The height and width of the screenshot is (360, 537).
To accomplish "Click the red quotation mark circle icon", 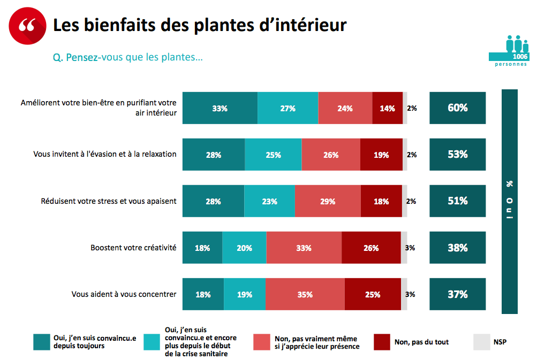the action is tap(27, 26).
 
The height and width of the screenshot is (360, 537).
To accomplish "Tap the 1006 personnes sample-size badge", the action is tap(509, 51).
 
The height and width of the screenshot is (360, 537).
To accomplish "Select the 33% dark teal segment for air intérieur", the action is tap(220, 108).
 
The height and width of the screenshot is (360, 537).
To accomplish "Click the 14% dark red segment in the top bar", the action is tap(387, 108).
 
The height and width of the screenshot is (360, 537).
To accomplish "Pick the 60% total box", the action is tap(458, 108).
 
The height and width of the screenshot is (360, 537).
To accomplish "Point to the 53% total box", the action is tap(458, 155).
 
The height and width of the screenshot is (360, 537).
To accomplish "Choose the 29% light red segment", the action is tap(328, 201).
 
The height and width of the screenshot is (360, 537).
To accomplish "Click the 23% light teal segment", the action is tap(269, 201).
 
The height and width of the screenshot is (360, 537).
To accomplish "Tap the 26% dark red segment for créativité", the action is tap(371, 248).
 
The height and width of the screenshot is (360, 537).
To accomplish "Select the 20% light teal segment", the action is tap(244, 248).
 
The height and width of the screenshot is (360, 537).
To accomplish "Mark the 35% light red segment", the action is tap(305, 294).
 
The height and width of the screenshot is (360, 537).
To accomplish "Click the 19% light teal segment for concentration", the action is tap(245, 294).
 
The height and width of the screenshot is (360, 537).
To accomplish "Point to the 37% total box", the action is tap(458, 294).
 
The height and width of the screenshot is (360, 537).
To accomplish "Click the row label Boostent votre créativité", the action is tap(133, 248).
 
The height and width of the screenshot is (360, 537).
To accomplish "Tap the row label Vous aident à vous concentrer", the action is tap(124, 294).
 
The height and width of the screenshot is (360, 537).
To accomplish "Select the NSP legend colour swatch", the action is tap(481, 342).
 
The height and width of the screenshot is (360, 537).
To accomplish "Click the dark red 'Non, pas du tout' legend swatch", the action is tap(382, 342).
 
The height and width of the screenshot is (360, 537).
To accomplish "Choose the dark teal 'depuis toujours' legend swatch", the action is tap(42, 342).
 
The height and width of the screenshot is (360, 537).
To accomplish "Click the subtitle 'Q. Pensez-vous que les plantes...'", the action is tap(128, 57).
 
